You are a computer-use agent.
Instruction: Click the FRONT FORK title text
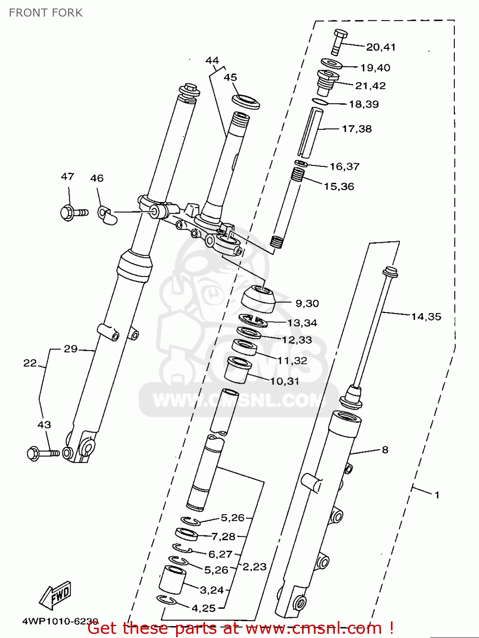[x=46, y=13]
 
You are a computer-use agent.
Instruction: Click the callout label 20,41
[x=381, y=47]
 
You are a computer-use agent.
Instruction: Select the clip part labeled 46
[x=107, y=215]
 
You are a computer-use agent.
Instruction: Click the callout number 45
[x=230, y=77]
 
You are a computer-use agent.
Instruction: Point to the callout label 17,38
[x=356, y=129]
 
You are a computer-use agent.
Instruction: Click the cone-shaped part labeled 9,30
[x=257, y=299]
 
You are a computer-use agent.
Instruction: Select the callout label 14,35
[x=426, y=316]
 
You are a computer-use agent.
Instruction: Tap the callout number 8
[x=385, y=450]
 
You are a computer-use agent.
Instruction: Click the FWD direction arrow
[x=56, y=595]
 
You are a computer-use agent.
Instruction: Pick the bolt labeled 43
[x=41, y=454]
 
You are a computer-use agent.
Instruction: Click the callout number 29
[x=71, y=349]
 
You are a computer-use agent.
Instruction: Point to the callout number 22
[x=30, y=363]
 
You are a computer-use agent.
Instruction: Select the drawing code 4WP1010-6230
[x=60, y=621]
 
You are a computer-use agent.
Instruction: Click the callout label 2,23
[x=254, y=567]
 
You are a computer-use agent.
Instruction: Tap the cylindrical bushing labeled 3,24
[x=173, y=580]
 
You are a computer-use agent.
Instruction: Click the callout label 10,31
[x=285, y=381]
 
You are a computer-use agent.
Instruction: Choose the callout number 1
[x=436, y=495]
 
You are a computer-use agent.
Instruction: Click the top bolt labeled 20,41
[x=339, y=41]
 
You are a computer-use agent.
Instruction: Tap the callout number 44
[x=212, y=60]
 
